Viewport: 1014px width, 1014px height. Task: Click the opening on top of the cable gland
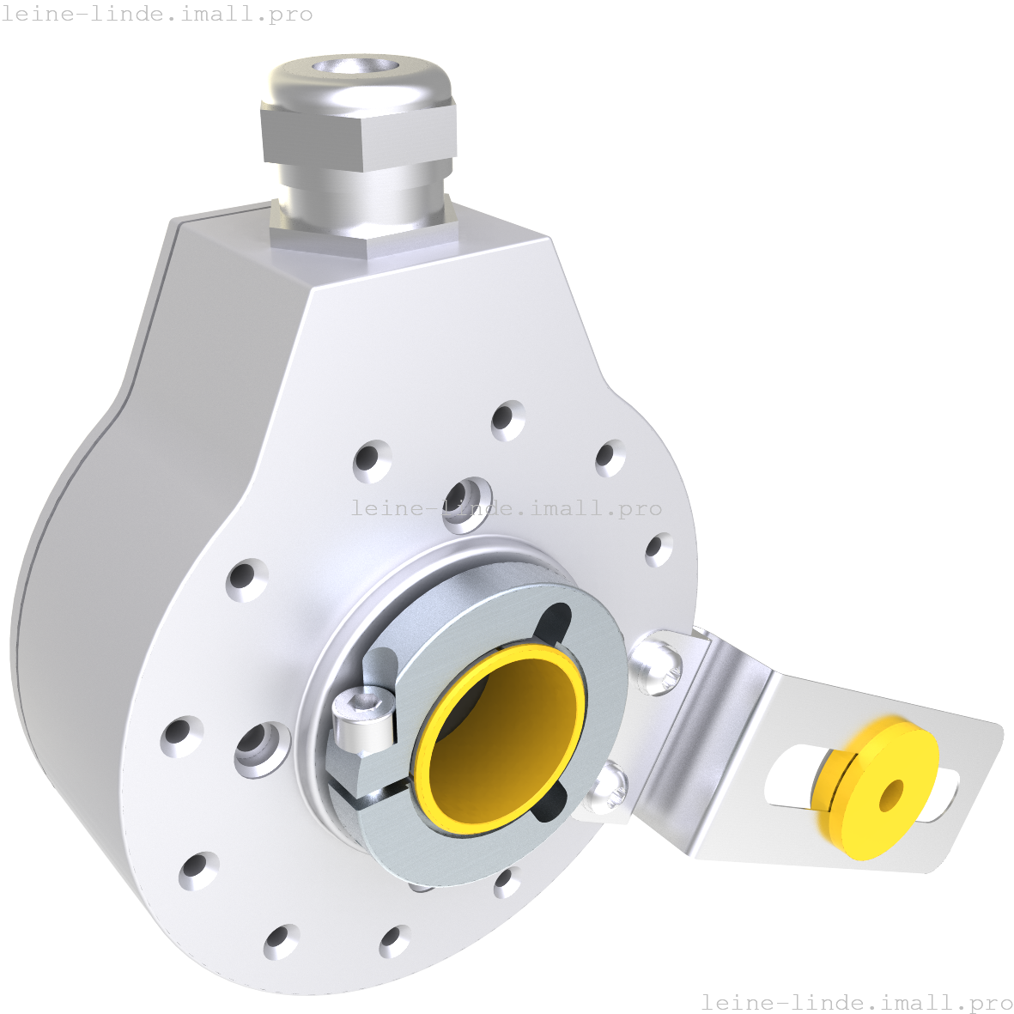pos(359,66)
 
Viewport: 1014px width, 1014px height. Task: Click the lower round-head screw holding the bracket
pos(607,785)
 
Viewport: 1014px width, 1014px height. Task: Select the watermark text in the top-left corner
pos(157,15)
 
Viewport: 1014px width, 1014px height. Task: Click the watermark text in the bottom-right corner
pos(857,1002)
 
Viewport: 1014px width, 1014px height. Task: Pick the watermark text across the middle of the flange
pos(507,508)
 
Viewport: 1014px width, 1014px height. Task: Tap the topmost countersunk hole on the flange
pos(508,420)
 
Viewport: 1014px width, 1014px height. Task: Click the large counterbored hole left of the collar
pos(260,747)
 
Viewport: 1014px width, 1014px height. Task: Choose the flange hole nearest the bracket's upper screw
pos(659,549)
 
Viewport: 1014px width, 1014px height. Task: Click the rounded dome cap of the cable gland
pos(359,86)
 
